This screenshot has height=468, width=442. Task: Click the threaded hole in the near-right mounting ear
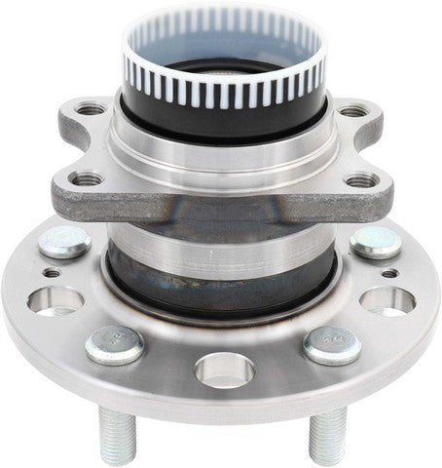click(362, 179)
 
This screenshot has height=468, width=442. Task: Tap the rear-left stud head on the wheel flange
click(66, 242)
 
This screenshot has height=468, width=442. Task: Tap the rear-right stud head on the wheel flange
click(376, 242)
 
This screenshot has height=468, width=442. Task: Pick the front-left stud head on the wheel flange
click(114, 344)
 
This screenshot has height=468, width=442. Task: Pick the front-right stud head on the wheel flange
click(331, 344)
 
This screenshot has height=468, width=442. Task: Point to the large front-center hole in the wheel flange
click(224, 370)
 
